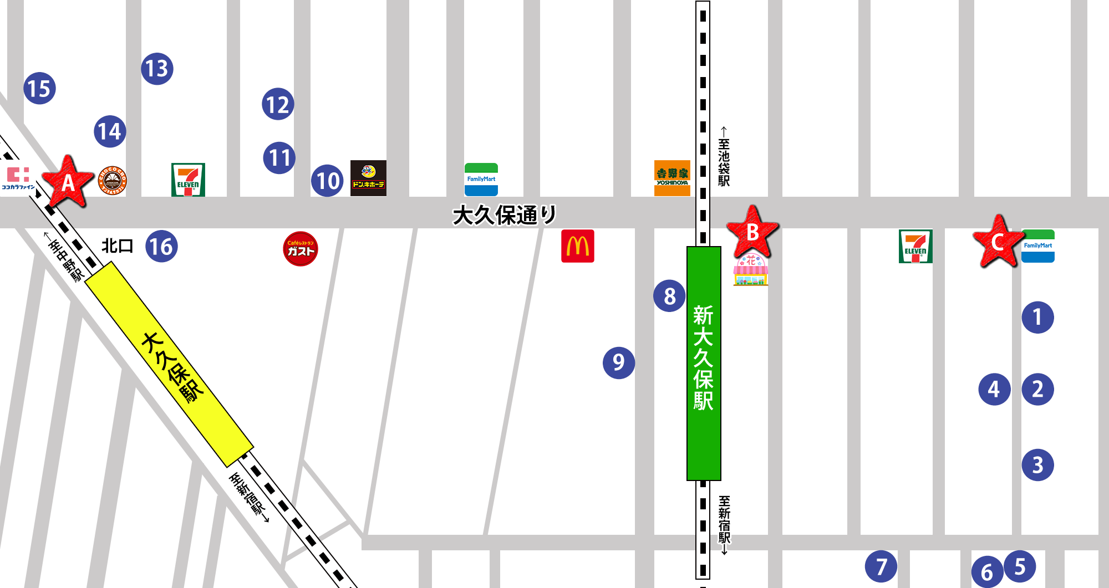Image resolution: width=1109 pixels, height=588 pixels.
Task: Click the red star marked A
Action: [x=68, y=182]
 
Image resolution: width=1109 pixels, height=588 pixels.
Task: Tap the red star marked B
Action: [x=752, y=232]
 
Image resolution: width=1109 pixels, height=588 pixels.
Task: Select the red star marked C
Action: [x=998, y=242]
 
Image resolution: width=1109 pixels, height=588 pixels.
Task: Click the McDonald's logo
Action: [x=577, y=246]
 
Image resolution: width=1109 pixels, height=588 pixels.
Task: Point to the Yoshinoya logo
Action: [x=672, y=178]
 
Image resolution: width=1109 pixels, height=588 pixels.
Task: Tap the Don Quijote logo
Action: [x=368, y=178]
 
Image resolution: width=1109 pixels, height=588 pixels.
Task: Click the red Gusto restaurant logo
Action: [x=301, y=249]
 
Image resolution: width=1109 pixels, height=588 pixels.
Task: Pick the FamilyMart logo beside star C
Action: [x=1037, y=246]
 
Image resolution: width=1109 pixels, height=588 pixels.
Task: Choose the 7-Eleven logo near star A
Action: [x=188, y=180]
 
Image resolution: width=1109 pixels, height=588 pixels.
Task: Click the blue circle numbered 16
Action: [x=161, y=247]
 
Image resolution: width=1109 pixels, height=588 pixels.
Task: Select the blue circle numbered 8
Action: [x=669, y=296]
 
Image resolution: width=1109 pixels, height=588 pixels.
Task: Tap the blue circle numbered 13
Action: [x=157, y=69]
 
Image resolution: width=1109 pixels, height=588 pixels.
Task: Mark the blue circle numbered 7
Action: [x=881, y=566]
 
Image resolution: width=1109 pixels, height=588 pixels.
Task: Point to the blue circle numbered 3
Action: [x=1037, y=465]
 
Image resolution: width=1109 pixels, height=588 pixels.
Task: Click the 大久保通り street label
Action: [x=504, y=215]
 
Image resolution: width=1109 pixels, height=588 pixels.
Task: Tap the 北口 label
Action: [x=118, y=246]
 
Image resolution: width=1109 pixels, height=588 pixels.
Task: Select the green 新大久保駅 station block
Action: [x=704, y=363]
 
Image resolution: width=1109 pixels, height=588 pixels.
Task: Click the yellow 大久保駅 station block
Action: [x=169, y=364]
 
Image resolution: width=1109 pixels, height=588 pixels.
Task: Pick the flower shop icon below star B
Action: [x=751, y=270]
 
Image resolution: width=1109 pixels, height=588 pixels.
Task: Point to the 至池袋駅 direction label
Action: [x=724, y=157]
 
